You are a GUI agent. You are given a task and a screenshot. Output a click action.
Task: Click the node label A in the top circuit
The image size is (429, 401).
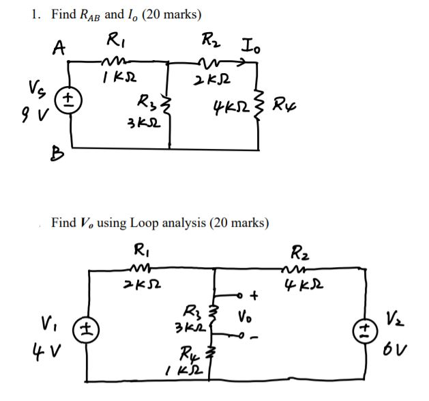pos(61,47)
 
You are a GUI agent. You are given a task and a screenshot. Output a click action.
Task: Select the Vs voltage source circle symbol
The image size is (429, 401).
pos(70,100)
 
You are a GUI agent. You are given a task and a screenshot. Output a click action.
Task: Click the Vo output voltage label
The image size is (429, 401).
pos(247,318)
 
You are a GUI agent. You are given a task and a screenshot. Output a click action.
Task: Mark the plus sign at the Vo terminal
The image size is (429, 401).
pos(255,295)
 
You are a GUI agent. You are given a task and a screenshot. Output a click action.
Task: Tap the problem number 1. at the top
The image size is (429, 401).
pos(36,14)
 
